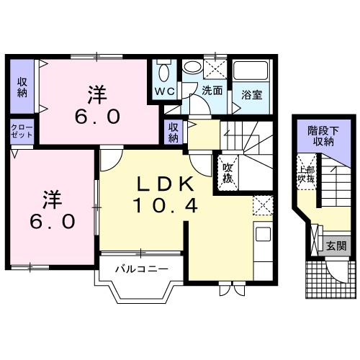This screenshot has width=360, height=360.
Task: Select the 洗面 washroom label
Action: pyautogui.click(x=212, y=91)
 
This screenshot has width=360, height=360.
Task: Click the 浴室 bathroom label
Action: pyautogui.click(x=251, y=94)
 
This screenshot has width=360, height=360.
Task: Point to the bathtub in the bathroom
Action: pyautogui.click(x=251, y=72)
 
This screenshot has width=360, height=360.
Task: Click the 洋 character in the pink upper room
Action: pyautogui.click(x=97, y=94)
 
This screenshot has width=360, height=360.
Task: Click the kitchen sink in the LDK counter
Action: pyautogui.click(x=262, y=236)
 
